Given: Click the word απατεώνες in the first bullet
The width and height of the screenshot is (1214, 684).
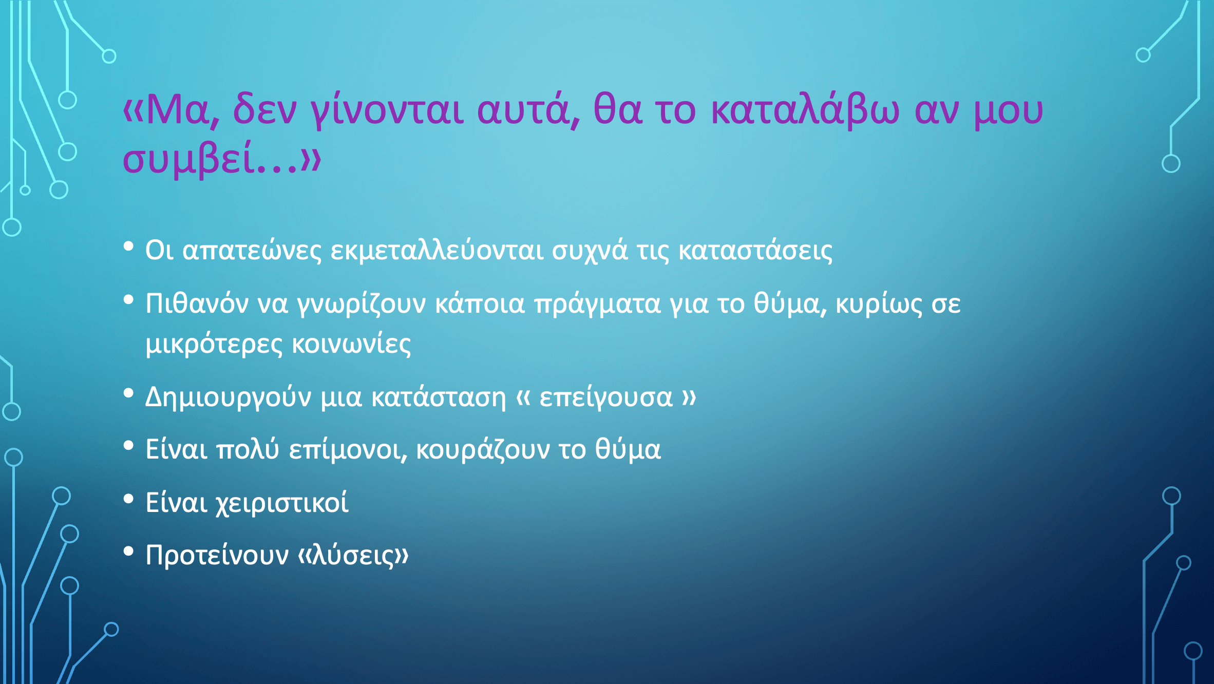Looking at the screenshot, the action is (252, 251).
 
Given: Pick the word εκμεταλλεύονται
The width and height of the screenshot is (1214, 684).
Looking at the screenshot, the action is (437, 251).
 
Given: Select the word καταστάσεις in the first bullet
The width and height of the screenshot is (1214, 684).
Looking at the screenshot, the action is (755, 251).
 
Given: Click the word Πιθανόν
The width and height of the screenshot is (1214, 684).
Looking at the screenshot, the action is (197, 303).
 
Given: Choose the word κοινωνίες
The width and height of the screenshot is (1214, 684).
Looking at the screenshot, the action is (352, 344).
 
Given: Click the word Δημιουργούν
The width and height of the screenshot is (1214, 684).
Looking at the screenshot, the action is (229, 397).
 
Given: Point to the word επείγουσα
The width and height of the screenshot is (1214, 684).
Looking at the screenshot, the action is (606, 397).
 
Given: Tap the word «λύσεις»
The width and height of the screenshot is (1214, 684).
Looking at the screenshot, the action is (353, 555).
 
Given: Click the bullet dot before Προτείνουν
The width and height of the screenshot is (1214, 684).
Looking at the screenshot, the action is (128, 552).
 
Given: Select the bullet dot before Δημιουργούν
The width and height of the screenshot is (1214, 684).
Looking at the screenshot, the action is (128, 393).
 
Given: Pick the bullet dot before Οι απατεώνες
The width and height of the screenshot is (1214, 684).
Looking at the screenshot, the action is (128, 247).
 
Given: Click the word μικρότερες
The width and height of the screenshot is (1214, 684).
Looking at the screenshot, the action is (214, 345).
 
